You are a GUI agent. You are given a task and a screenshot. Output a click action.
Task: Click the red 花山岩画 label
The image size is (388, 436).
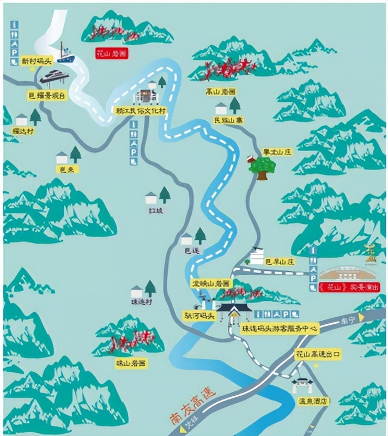pos(111,54)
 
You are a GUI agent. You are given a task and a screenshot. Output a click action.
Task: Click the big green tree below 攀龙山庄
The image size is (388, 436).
pos(262,166)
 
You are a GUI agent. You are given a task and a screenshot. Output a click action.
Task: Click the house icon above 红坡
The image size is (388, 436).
pos(151,197)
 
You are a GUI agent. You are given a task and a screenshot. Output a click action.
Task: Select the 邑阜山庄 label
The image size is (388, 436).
pos(280,262)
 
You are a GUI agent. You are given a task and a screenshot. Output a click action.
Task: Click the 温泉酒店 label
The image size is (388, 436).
pos(311,401)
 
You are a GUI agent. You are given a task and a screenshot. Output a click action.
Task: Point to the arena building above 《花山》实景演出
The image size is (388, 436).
pos(346,271)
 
